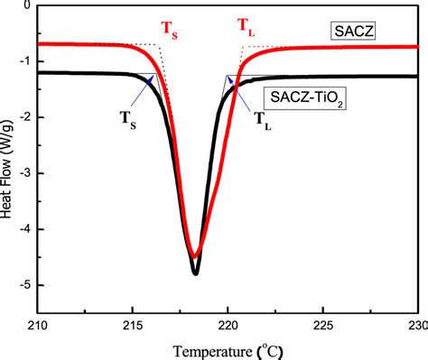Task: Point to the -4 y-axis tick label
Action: (24, 229)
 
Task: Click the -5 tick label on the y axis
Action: (24, 285)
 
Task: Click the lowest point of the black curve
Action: (195, 272)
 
